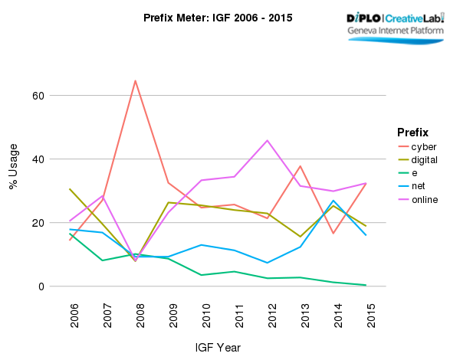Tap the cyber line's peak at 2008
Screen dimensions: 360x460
136,80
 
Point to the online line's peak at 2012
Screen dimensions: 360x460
268,140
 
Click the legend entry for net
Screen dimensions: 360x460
419,186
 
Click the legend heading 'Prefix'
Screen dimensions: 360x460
412,131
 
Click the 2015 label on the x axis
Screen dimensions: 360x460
372,314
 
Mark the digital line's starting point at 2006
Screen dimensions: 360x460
70,188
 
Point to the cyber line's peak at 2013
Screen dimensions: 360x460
301,166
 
